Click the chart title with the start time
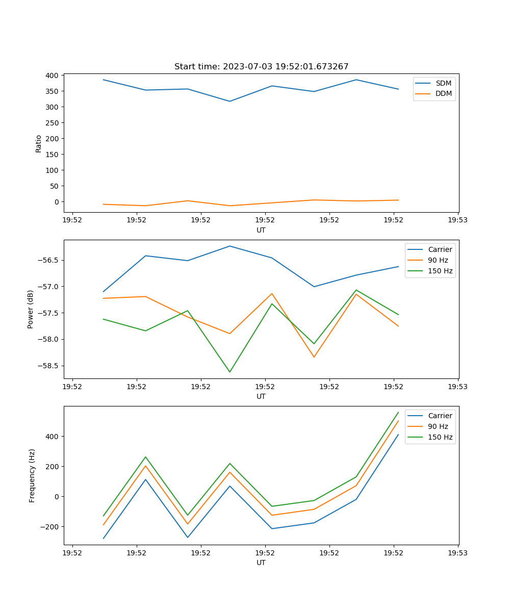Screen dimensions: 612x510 click(261, 66)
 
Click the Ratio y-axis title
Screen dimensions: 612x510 click(39, 143)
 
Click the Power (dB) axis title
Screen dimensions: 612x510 click(31, 309)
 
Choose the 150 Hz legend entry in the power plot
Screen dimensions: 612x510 click(440, 271)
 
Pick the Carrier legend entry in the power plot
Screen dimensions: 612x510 click(440, 249)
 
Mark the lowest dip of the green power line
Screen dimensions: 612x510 click(229, 372)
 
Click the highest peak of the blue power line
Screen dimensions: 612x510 click(229, 246)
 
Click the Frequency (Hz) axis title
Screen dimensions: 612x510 click(32, 475)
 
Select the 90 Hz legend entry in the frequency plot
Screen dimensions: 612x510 click(438, 426)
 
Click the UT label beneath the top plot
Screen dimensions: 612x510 click(261, 230)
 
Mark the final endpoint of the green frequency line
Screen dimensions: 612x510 click(398, 412)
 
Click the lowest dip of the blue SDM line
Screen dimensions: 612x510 click(229, 101)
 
